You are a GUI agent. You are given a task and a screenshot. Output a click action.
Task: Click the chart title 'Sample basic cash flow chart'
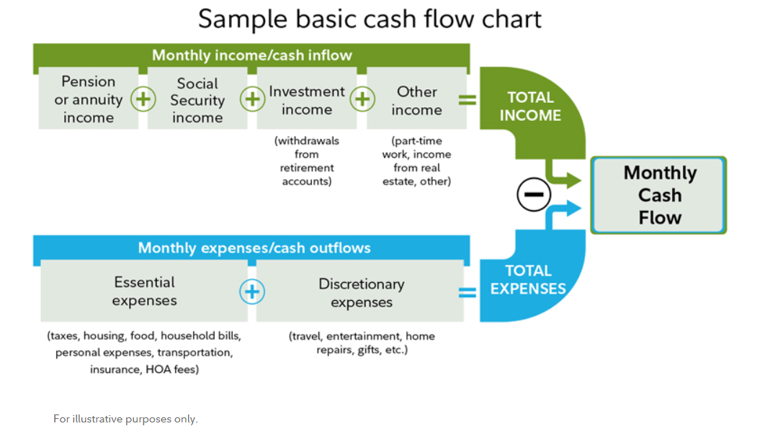(x=370, y=20)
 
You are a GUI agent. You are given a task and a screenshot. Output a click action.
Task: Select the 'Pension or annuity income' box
(x=89, y=99)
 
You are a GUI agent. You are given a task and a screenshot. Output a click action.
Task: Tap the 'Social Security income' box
(x=197, y=99)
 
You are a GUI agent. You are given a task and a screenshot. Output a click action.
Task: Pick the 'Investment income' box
(x=306, y=99)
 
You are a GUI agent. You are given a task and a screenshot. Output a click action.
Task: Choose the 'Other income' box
(x=416, y=99)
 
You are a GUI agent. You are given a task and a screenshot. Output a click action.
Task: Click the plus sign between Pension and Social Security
(x=143, y=99)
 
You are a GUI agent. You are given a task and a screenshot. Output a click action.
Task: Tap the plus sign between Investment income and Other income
(x=362, y=99)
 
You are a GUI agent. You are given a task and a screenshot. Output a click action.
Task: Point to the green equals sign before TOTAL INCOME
(x=467, y=99)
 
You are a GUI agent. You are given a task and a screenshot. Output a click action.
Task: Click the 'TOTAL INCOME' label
(x=530, y=107)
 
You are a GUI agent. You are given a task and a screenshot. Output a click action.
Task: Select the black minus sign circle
(x=534, y=194)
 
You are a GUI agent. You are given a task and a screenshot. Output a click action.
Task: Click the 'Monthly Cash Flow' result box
(x=658, y=195)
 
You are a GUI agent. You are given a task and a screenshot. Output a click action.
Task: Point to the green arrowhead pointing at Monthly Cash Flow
(x=573, y=180)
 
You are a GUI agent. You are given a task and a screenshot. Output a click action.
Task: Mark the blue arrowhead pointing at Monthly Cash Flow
(x=573, y=209)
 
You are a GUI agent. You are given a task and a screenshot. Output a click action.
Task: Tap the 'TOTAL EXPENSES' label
(x=528, y=280)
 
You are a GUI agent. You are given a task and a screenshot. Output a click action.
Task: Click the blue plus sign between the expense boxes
(x=252, y=291)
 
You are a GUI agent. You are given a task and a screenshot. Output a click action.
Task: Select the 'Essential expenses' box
(x=144, y=291)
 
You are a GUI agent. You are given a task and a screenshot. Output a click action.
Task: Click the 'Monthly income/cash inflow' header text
(x=251, y=55)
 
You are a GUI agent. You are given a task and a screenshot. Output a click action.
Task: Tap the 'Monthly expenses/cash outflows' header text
(x=254, y=248)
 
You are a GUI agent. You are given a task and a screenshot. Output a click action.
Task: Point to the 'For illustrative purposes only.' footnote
(x=125, y=419)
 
